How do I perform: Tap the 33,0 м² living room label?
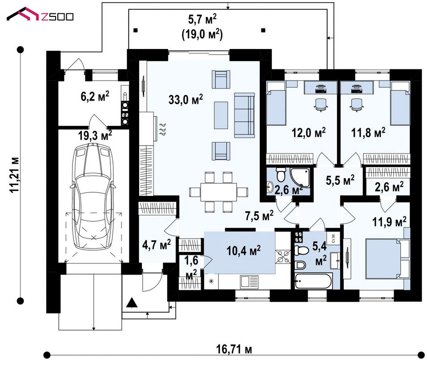185,99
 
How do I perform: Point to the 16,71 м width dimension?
234,349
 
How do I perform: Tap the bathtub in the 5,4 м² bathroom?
314,281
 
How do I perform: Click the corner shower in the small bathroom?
301,177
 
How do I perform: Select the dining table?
218,192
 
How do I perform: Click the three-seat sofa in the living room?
244,115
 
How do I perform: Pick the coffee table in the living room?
221,115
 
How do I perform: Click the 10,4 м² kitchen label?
243,250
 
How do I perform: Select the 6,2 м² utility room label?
95,96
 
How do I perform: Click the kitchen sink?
249,282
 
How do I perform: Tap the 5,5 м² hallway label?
340,180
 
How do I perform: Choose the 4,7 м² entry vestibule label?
157,244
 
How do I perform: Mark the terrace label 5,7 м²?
202,20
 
